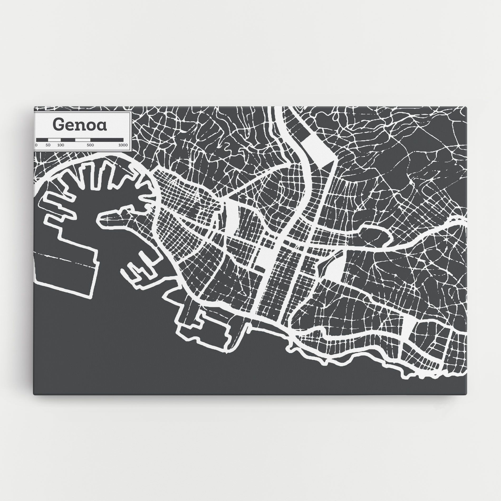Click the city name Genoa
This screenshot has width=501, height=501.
[80, 125]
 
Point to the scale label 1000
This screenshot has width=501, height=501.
[123, 145]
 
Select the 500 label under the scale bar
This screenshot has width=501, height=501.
[90, 145]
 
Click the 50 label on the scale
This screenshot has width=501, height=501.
[48, 145]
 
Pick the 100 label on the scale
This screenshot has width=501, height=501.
[60, 145]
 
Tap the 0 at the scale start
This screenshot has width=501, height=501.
[36, 145]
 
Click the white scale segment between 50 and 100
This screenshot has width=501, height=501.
[56, 139]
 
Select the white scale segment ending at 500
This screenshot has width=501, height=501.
[83, 139]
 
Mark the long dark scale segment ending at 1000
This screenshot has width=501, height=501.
[107, 139]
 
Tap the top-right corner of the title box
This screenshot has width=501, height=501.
[131, 112]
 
